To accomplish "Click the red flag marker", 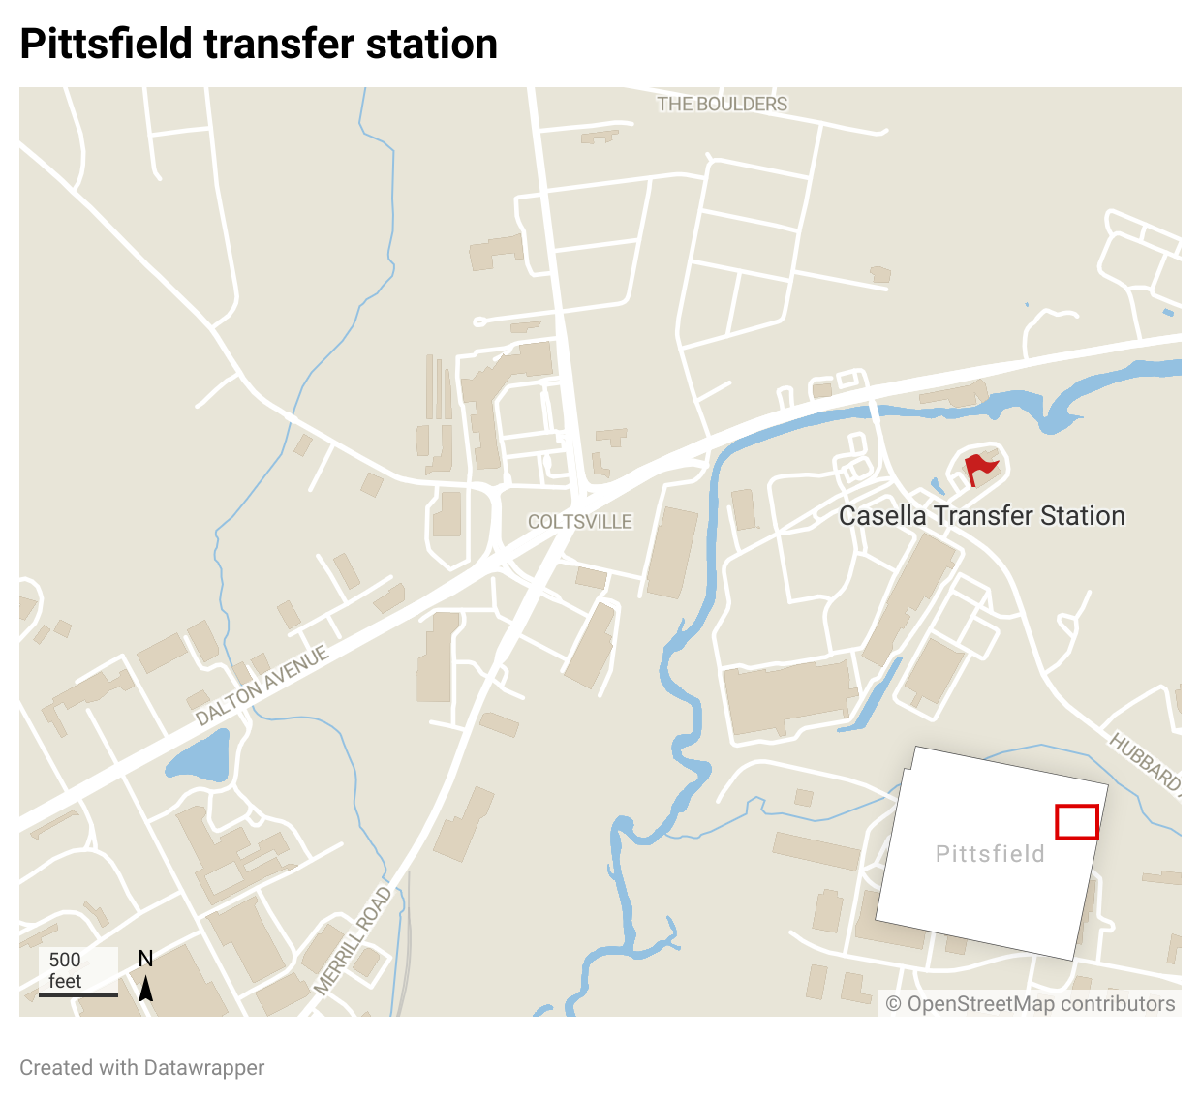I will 980,468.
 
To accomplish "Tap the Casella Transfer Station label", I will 981,516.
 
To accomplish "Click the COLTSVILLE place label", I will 579,522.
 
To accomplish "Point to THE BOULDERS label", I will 722,104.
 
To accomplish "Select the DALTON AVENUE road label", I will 262,686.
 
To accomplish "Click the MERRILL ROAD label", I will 354,940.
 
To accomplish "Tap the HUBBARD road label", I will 1145,761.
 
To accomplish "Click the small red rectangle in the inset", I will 1076,822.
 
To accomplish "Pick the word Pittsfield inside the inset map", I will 990,854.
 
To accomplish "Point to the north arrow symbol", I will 146,989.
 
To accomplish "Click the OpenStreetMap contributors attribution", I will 1031,1004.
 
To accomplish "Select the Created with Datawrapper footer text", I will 141,1068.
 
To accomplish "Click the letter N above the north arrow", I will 146,959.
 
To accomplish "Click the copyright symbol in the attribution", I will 893,1004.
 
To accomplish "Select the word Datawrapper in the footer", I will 203,1068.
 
